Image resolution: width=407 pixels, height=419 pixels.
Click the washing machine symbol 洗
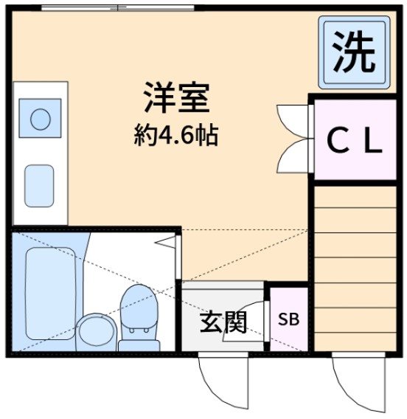pos(353,52)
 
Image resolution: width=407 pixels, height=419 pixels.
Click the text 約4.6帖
pos(177,134)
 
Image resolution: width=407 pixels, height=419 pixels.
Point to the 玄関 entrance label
pos(222,322)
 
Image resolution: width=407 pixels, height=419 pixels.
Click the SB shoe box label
pos(288,321)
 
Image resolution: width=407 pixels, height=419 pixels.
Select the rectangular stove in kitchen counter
pos(40,185)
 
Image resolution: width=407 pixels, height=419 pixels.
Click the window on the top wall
pos(118,8)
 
